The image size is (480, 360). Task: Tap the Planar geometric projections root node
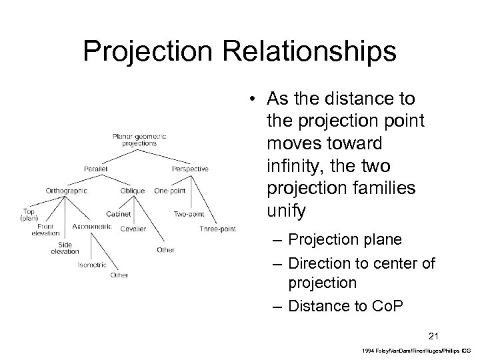[139, 139]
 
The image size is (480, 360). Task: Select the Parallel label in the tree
[97, 169]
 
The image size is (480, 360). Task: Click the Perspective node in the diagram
[190, 169]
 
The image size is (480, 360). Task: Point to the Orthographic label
[66, 191]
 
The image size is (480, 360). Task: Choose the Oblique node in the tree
[133, 191]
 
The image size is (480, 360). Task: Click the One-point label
[169, 191]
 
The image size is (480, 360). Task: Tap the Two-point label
[189, 214]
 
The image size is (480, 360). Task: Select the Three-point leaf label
[217, 229]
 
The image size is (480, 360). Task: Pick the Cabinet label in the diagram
[117, 214]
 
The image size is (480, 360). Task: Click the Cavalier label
[133, 229]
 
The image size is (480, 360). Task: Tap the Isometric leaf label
[91, 265]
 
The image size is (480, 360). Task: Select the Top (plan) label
[29, 215]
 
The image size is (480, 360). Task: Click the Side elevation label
[64, 247]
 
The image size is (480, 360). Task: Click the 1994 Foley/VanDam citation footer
[413, 349]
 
